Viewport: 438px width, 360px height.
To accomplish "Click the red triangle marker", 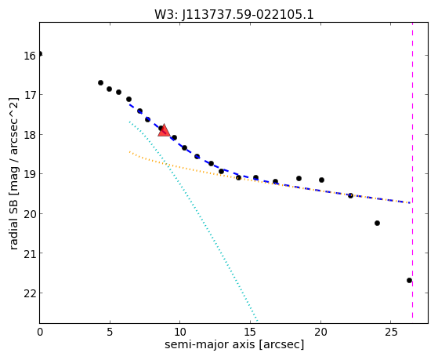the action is (x=164, y=130).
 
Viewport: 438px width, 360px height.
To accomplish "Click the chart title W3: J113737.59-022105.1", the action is (x=234, y=14).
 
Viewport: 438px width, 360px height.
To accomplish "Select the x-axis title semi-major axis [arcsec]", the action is (x=234, y=344).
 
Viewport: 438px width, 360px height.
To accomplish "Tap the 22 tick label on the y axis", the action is (x=30, y=293).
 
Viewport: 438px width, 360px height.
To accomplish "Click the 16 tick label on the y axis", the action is (x=30, y=56).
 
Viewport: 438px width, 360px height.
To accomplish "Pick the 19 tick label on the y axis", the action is (x=30, y=175).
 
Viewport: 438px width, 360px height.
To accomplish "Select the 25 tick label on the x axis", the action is (x=391, y=332).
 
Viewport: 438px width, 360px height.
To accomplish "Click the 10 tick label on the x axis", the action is (x=180, y=332).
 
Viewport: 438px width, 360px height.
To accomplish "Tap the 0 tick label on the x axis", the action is (x=40, y=332).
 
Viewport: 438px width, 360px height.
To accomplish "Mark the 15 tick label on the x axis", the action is (x=250, y=332).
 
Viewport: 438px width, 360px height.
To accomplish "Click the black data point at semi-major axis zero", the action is (x=40, y=53).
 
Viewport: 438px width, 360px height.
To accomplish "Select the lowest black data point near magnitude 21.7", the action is (x=409, y=280).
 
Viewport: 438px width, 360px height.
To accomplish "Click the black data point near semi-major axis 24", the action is (x=377, y=223).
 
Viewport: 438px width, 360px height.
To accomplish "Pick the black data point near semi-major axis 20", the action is (x=321, y=180).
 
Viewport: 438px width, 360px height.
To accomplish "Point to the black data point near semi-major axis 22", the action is (x=350, y=195).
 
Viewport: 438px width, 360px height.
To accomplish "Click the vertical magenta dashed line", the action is (x=413, y=170).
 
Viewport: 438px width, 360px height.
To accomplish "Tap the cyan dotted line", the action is (x=194, y=221).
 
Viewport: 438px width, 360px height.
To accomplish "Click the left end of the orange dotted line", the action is (x=129, y=151).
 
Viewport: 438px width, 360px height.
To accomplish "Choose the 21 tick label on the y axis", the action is (x=30, y=253).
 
